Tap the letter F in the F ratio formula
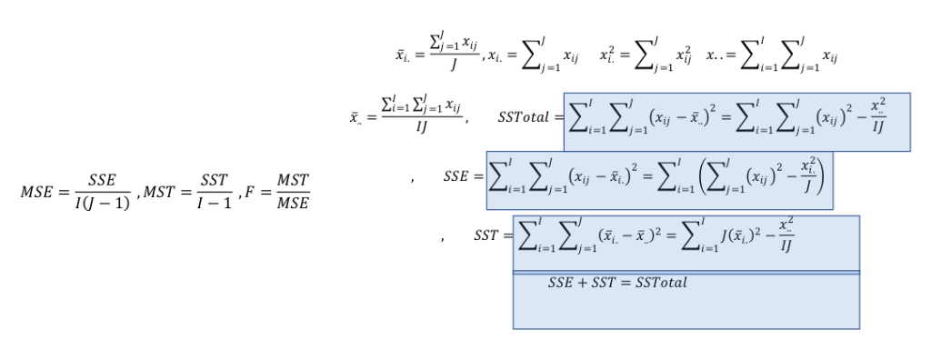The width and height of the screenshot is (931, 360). point(246,192)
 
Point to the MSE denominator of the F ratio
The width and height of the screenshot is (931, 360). point(293,203)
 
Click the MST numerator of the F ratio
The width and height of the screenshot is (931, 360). point(293,181)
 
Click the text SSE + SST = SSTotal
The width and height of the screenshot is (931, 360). point(617,283)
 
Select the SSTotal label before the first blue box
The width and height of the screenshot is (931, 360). point(526,117)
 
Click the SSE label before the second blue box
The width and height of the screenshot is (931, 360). point(456,176)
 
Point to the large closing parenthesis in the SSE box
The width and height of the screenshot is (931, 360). point(821,175)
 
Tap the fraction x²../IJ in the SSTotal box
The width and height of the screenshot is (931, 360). point(875,116)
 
